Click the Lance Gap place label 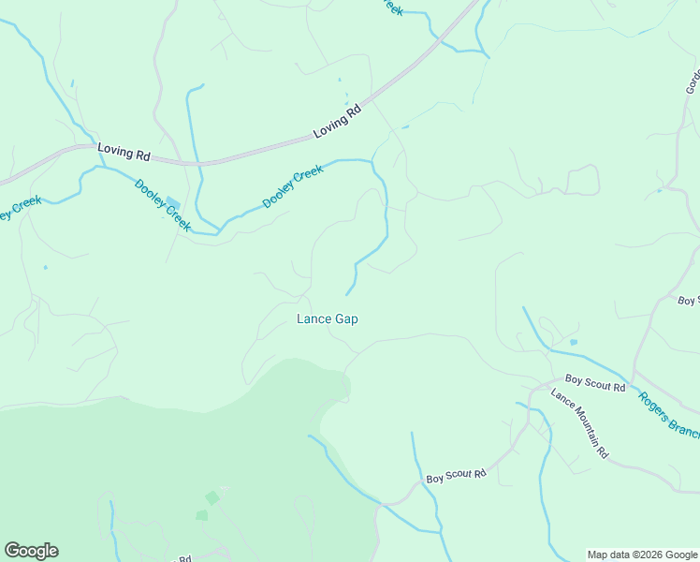[x=327, y=318]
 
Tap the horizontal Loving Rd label [x=124, y=149]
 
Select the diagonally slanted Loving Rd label [x=337, y=123]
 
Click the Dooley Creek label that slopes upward [x=293, y=186]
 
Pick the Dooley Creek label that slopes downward [x=163, y=205]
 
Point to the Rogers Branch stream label [x=669, y=413]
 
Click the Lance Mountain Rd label [x=579, y=423]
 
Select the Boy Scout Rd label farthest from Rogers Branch [x=456, y=476]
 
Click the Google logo [x=31, y=551]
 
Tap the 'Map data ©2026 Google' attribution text [x=641, y=555]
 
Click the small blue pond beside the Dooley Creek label [x=172, y=203]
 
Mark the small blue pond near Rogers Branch [x=573, y=343]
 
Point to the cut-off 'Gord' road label [x=693, y=82]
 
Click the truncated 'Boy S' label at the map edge [x=688, y=301]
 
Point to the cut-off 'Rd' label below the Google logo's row [x=184, y=558]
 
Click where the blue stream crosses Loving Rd [x=198, y=163]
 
